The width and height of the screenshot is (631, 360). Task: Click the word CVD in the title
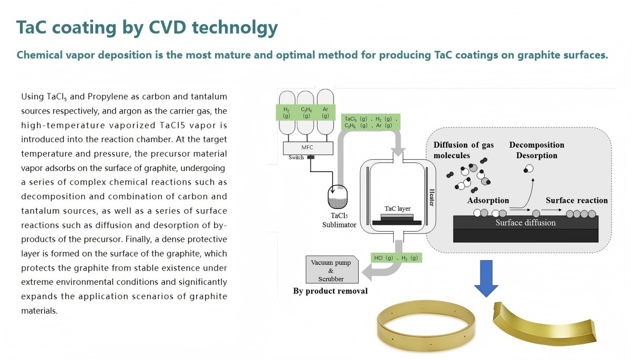click(x=167, y=27)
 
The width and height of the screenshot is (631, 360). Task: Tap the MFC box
click(x=308, y=148)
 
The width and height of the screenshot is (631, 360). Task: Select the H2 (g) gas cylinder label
click(x=286, y=112)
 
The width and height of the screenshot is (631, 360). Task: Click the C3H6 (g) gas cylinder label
click(x=306, y=112)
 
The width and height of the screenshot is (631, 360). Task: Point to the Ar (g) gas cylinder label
click(x=325, y=112)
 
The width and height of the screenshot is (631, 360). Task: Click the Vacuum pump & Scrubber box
click(x=332, y=270)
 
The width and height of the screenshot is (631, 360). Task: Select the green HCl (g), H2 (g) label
click(x=396, y=258)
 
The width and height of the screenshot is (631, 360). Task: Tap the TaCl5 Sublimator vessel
click(x=338, y=197)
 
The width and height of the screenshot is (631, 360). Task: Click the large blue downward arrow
click(x=486, y=279)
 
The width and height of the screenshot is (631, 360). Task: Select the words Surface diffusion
click(x=525, y=223)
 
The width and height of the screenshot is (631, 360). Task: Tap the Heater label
click(x=431, y=197)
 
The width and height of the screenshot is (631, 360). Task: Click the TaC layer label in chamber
click(x=398, y=209)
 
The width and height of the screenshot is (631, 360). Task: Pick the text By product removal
click(x=330, y=291)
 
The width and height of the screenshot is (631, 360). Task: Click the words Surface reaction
click(x=577, y=200)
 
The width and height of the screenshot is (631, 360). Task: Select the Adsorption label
click(x=488, y=200)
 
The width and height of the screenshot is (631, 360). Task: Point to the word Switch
click(x=296, y=158)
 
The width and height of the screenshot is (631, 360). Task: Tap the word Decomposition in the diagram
click(x=537, y=145)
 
